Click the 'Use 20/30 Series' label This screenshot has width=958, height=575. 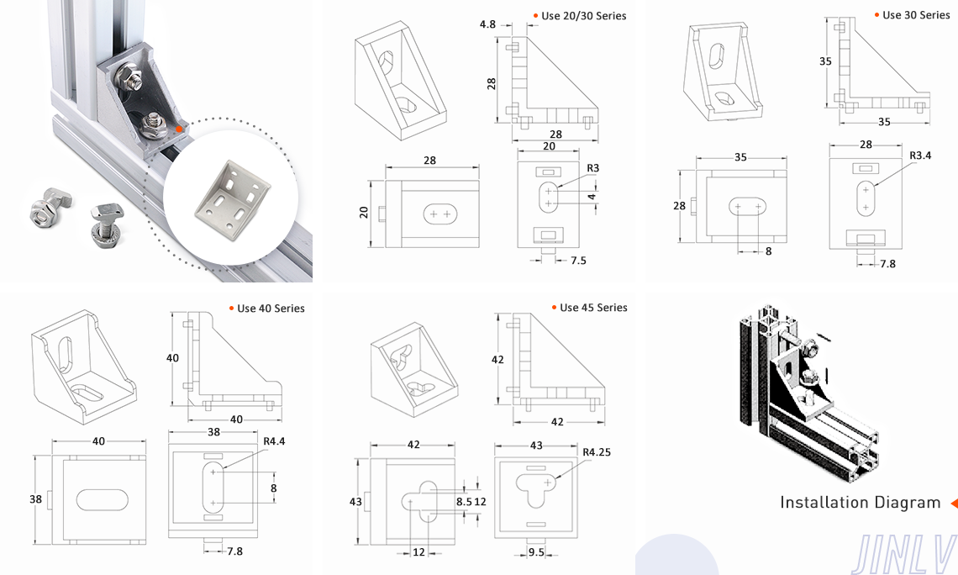[x=584, y=16]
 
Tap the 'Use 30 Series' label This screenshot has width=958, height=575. [x=916, y=15]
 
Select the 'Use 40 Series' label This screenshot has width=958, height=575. [x=271, y=309]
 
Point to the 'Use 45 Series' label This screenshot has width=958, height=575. [x=593, y=308]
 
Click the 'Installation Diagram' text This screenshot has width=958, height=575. [x=860, y=503]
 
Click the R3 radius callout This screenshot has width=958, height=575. [x=593, y=168]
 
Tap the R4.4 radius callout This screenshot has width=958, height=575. [x=274, y=440]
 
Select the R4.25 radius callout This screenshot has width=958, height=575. [x=597, y=452]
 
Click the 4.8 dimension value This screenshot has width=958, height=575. [x=487, y=25]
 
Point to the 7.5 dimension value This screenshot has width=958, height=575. [x=578, y=261]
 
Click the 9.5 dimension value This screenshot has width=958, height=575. [x=535, y=552]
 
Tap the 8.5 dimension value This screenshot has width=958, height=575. [x=463, y=502]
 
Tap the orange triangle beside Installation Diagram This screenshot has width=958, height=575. [x=953, y=504]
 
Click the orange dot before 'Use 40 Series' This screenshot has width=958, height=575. [x=231, y=309]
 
